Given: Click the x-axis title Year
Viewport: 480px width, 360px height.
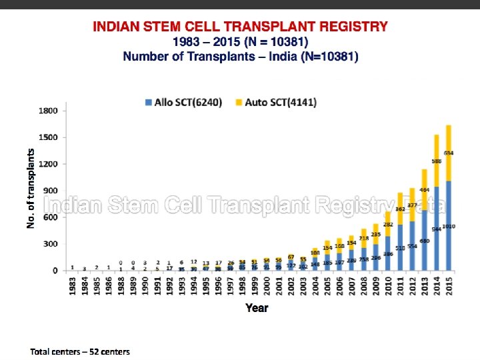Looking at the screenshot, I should point(257,308).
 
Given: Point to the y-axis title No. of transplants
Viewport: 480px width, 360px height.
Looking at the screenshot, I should point(31,188).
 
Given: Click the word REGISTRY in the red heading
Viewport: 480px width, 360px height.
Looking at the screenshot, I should point(347,27).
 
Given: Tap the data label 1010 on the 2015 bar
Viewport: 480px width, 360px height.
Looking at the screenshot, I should point(449,227).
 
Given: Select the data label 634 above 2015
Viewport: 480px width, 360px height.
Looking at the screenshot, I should point(449,153).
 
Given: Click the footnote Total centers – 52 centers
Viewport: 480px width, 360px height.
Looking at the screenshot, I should point(80,351).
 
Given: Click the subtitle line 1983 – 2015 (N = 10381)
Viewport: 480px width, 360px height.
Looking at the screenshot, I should point(240,41).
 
